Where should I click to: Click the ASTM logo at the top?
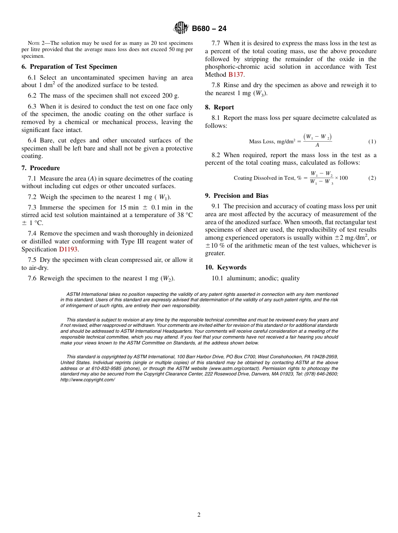(x=181, y=28)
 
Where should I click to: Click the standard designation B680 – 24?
(x=209, y=28)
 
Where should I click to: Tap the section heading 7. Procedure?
(x=41, y=168)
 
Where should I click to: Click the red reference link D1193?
(x=68, y=249)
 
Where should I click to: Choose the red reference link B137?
(x=236, y=75)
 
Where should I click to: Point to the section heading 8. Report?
(x=220, y=107)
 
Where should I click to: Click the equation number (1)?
(x=372, y=142)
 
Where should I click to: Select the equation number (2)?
(x=372, y=178)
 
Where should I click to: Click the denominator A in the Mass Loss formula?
(x=317, y=145)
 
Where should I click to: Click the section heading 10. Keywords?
(x=226, y=267)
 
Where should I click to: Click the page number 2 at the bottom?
(x=199, y=515)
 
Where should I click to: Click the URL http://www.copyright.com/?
(x=87, y=380)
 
